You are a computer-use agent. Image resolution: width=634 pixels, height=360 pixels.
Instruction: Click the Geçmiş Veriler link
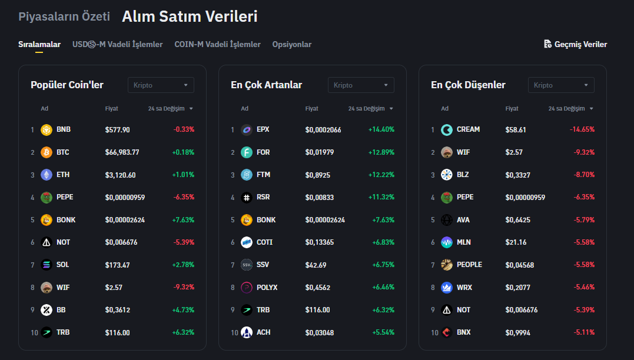pos(576,44)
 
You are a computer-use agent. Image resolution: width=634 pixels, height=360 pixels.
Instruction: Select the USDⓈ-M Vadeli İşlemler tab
pos(117,44)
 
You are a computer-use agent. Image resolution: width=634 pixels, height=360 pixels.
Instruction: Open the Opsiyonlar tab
pos(291,44)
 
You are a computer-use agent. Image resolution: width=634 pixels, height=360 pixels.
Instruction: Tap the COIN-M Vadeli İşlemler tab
pos(217,44)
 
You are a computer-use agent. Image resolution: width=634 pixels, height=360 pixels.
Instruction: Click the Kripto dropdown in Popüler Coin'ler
pos(161,85)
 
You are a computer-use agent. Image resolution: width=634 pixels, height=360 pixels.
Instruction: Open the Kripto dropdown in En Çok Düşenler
pos(561,85)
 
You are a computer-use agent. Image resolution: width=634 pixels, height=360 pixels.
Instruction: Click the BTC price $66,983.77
pos(122,152)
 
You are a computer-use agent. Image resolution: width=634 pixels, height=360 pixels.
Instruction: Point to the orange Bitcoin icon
pos(47,152)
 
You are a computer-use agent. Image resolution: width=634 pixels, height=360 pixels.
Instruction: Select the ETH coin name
pos(62,175)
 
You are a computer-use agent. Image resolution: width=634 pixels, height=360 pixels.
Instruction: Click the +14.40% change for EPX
pos(381,129)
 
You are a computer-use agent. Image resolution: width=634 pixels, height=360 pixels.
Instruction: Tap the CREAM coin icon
pos(447,129)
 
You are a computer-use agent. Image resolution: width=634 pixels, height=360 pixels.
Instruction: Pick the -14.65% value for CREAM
pos(582,129)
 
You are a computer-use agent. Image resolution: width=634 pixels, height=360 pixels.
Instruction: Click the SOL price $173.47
pos(117,265)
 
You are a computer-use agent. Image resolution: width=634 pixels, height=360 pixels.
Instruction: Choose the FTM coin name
pos(263,175)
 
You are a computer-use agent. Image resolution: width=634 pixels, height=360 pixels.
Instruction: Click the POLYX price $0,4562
pos(318,288)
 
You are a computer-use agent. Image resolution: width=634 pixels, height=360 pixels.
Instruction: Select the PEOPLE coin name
pos(469,265)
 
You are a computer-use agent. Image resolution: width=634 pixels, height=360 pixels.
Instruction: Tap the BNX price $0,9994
pos(518,332)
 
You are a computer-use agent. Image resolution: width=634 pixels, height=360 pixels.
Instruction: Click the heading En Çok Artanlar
pos(266,85)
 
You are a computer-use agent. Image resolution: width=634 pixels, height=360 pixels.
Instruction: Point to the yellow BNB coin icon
pos(47,129)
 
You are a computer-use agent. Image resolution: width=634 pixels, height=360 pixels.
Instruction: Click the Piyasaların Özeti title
pos(64,16)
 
